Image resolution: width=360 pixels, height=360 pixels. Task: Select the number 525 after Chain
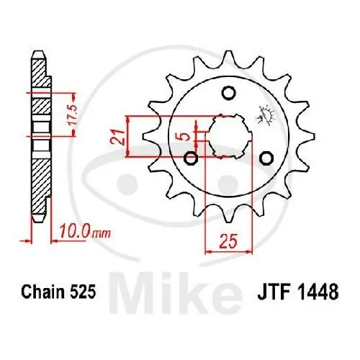click(81, 294)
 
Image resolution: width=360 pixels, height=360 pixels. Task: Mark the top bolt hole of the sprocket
click(230, 93)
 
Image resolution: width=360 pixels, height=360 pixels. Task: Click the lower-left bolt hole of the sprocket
click(192, 158)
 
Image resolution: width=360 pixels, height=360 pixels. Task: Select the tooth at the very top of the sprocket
click(228, 56)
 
